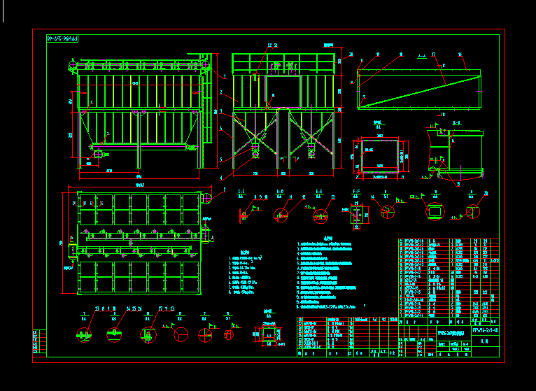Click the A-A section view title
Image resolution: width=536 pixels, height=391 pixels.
pyautogui.click(x=422, y=54)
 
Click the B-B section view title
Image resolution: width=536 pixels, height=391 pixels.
pyautogui.click(x=456, y=122)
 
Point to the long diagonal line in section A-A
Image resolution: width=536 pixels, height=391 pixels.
pyautogui.click(x=418, y=89)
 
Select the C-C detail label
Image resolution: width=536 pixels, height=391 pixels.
pyautogui.click(x=241, y=190)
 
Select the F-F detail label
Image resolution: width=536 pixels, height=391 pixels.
pyautogui.click(x=356, y=190)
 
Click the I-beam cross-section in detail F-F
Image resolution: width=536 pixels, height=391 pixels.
pyautogui.click(x=356, y=209)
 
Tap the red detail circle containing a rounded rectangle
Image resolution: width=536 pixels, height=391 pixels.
pyautogui.click(x=435, y=211)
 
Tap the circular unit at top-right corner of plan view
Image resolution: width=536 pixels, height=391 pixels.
pyautogui.click(x=206, y=198)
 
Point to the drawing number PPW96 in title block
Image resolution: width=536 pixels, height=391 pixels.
pyautogui.click(x=486, y=329)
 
